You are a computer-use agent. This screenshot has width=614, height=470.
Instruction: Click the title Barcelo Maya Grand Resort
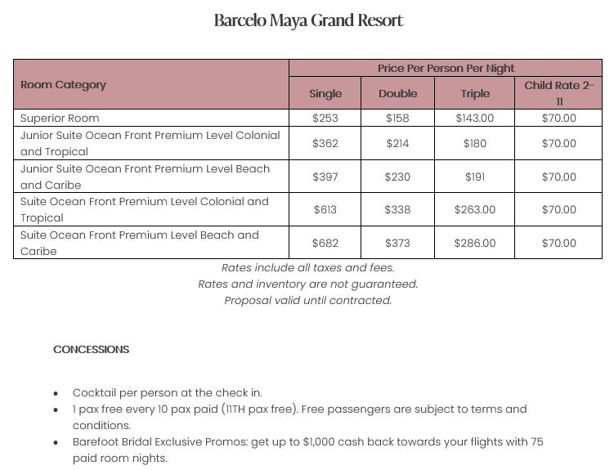(x=308, y=20)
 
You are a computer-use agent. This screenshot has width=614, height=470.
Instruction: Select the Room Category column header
(x=63, y=84)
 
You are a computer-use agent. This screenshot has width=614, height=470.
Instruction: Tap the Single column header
(x=325, y=93)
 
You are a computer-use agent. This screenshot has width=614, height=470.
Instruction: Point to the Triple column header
(x=474, y=93)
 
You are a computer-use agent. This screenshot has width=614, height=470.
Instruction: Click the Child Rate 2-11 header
(x=559, y=93)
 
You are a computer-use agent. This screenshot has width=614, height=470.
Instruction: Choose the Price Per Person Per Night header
(x=446, y=68)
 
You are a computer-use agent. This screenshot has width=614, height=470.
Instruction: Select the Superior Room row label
(x=60, y=118)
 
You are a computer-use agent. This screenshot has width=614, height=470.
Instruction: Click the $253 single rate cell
(x=325, y=118)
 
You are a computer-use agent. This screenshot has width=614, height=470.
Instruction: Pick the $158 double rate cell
(x=397, y=118)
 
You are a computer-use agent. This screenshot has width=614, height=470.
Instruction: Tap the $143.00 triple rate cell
(x=474, y=118)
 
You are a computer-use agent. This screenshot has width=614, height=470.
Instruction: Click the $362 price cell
(x=325, y=143)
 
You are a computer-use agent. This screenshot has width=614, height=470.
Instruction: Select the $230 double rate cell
(x=397, y=177)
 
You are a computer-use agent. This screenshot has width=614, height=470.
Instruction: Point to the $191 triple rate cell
(x=474, y=177)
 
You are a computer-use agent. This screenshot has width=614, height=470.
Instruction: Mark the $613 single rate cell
(x=325, y=209)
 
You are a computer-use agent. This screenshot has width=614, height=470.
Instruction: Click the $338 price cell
(x=397, y=209)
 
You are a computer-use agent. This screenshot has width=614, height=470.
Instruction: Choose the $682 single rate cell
(x=325, y=243)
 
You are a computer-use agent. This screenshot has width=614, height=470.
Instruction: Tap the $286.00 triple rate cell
(x=474, y=243)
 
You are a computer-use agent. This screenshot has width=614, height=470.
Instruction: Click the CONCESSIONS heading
(x=92, y=349)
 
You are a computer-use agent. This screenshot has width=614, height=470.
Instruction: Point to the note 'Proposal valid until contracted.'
(x=308, y=300)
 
